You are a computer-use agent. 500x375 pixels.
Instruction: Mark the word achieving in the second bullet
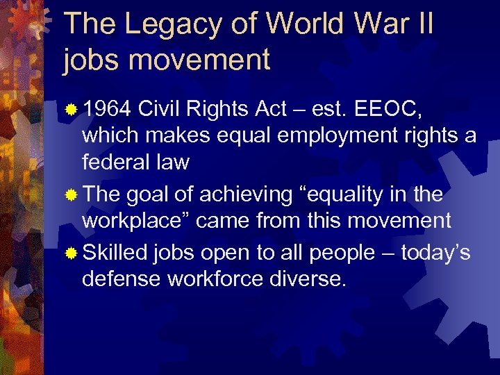point(245,195)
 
